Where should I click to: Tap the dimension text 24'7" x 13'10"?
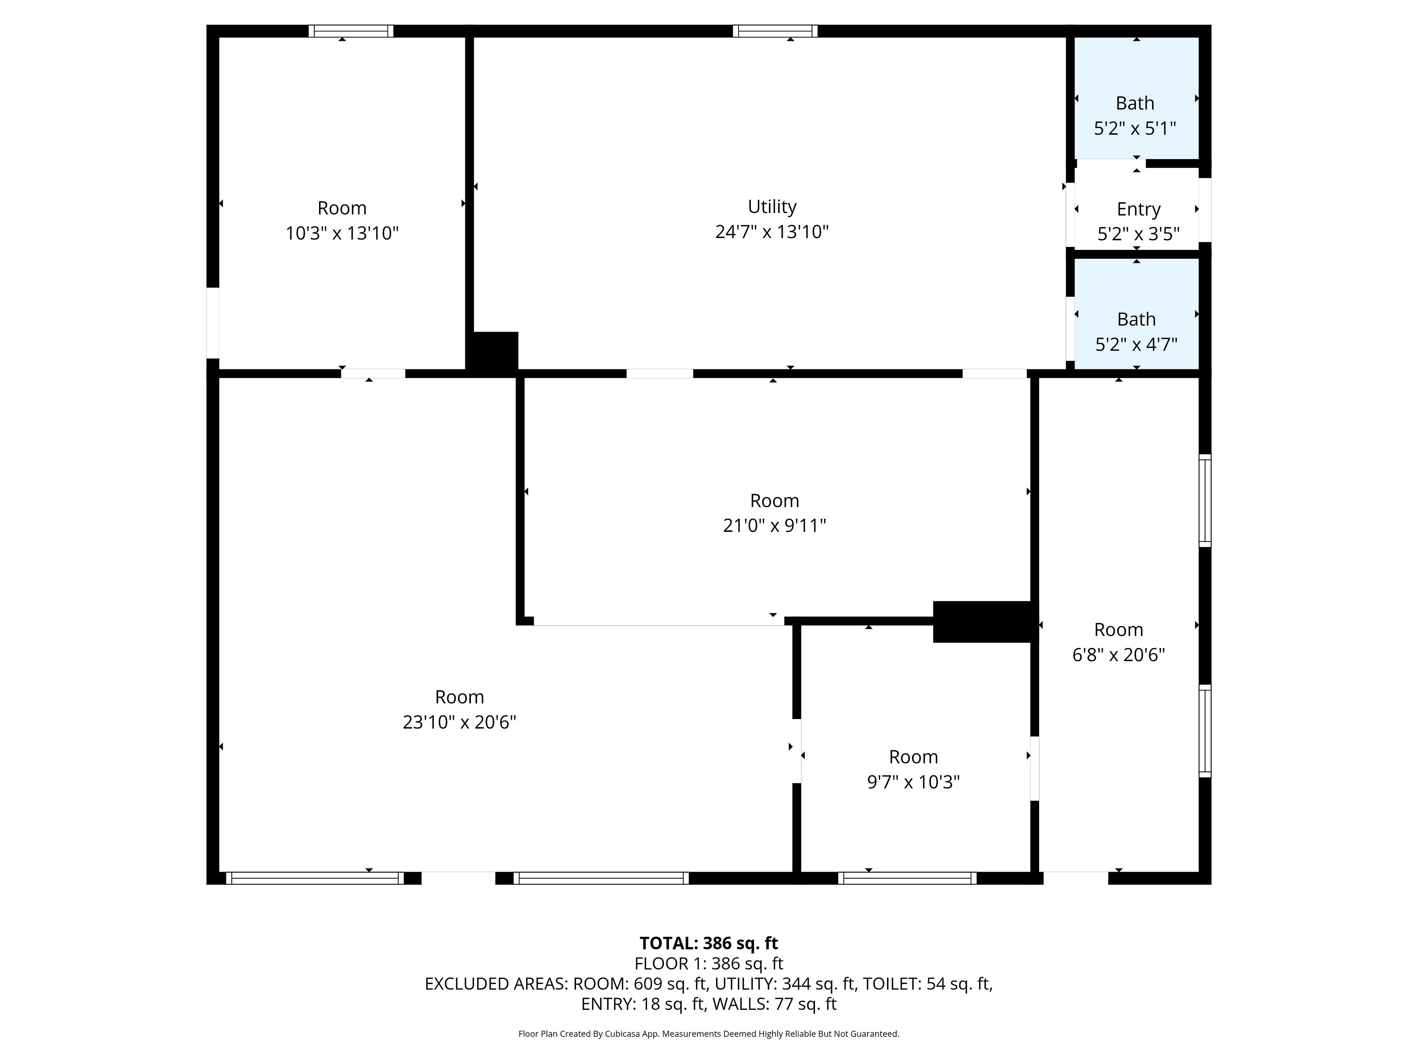click(772, 231)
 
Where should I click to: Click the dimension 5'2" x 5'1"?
click(1135, 128)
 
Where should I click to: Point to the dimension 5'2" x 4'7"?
click(1136, 345)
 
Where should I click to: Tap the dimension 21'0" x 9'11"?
click(774, 526)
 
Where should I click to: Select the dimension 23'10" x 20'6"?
click(459, 722)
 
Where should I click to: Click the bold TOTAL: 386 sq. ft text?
click(708, 943)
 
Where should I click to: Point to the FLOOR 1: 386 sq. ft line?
click(708, 964)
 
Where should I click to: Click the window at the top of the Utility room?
click(775, 31)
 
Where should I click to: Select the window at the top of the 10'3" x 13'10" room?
click(351, 31)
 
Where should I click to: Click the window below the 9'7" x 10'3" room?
click(907, 878)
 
